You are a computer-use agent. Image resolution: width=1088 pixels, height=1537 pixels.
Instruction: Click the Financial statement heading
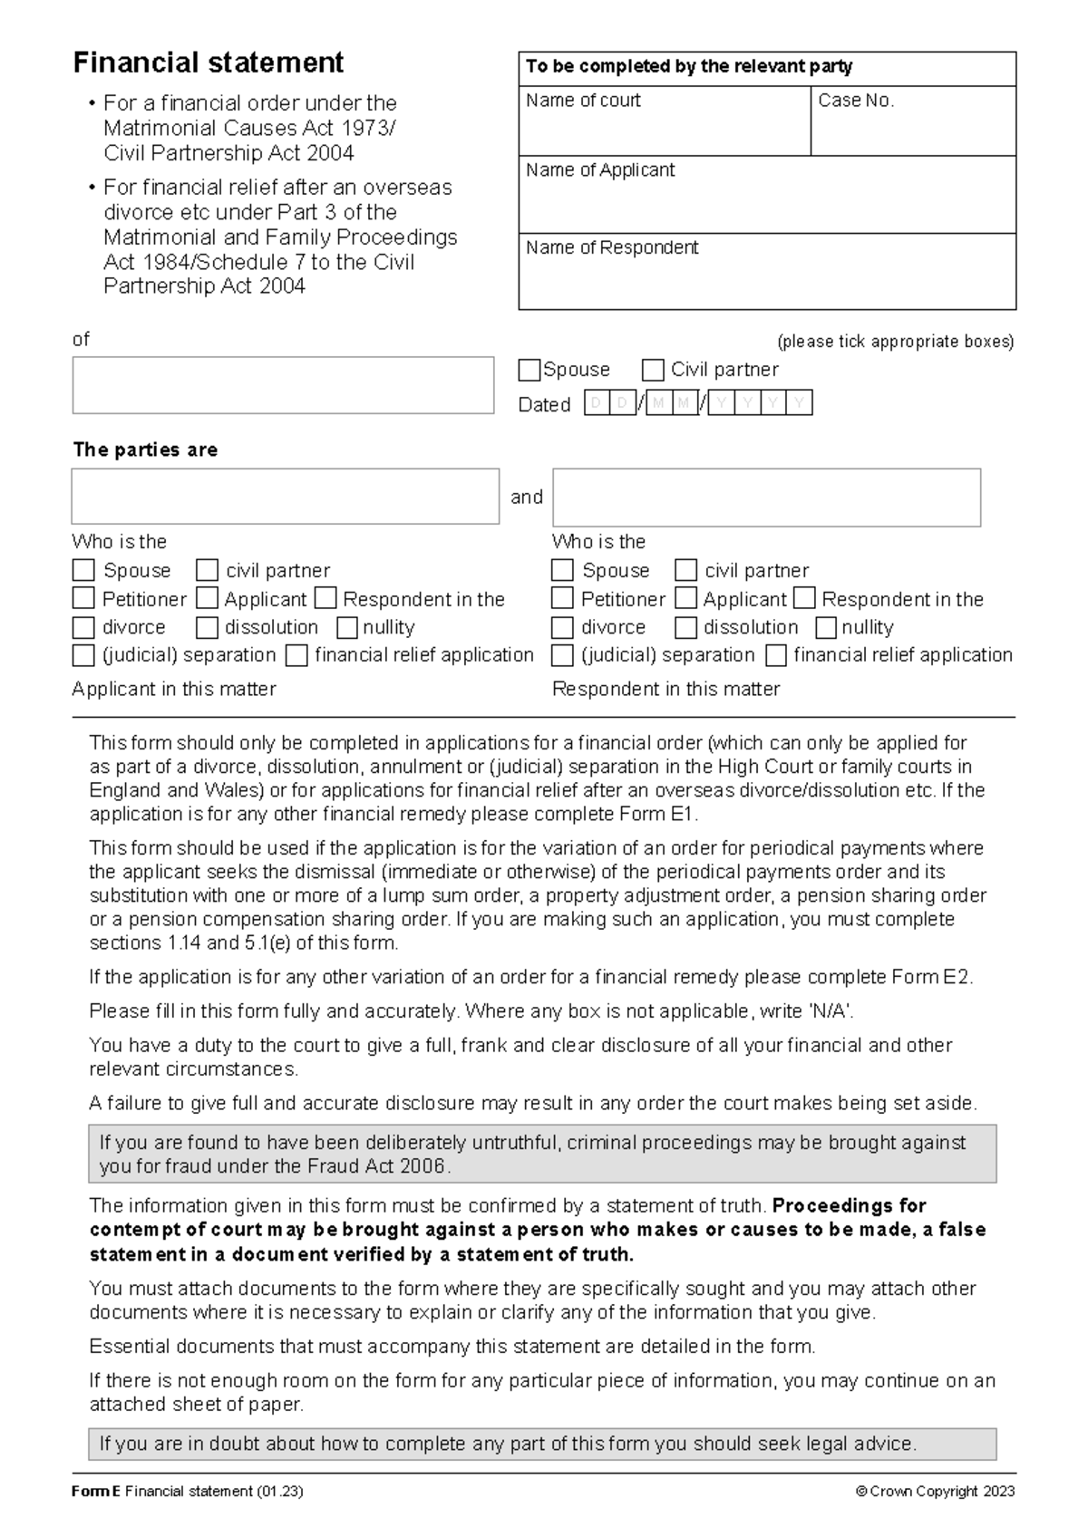click(x=208, y=63)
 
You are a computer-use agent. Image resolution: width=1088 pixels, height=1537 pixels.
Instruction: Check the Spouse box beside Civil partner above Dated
click(x=529, y=371)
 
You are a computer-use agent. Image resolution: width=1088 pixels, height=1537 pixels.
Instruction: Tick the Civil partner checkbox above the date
click(x=653, y=371)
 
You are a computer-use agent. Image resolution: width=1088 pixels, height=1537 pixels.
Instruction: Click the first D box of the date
click(x=597, y=404)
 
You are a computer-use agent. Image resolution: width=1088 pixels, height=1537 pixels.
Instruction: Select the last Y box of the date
click(x=799, y=404)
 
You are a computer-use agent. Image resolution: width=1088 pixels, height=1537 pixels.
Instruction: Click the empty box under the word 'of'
click(x=283, y=385)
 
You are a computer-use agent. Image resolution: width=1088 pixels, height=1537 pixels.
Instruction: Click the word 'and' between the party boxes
click(x=527, y=497)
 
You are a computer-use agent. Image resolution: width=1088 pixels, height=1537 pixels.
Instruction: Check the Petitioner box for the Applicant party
click(x=83, y=599)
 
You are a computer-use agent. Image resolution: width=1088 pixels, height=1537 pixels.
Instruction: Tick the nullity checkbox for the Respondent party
click(x=826, y=627)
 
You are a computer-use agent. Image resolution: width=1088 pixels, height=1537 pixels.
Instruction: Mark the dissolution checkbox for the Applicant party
click(x=208, y=627)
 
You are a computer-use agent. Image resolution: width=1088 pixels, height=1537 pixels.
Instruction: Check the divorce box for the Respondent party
click(x=563, y=627)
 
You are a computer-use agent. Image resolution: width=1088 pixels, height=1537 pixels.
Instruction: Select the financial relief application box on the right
click(x=776, y=655)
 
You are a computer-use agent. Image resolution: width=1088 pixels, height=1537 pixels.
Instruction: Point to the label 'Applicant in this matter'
click(x=174, y=689)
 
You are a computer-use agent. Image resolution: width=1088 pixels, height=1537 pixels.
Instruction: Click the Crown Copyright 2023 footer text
click(x=935, y=1492)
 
